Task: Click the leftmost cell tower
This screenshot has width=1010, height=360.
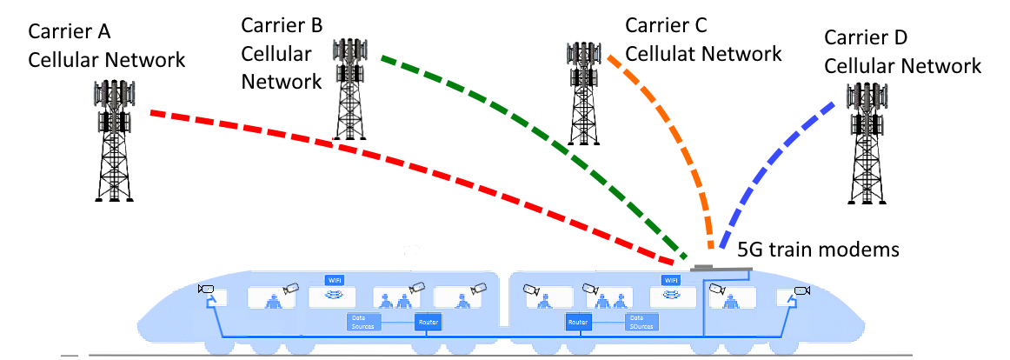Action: tap(114, 139)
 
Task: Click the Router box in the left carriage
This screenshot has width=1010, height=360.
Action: tap(429, 322)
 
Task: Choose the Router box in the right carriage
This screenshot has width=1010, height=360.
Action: tap(578, 322)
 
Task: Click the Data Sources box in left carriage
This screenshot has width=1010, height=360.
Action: tap(363, 322)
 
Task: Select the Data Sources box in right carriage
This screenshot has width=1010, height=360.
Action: tap(641, 322)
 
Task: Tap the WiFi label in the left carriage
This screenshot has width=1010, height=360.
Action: tap(335, 280)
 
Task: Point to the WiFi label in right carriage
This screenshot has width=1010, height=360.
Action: tap(670, 280)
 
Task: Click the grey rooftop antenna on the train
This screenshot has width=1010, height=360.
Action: tap(721, 268)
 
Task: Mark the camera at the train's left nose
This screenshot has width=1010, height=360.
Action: tap(206, 289)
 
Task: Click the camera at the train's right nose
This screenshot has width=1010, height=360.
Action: tap(802, 290)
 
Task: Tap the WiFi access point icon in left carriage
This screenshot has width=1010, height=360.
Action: tap(333, 297)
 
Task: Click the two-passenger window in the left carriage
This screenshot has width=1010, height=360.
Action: tap(396, 298)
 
